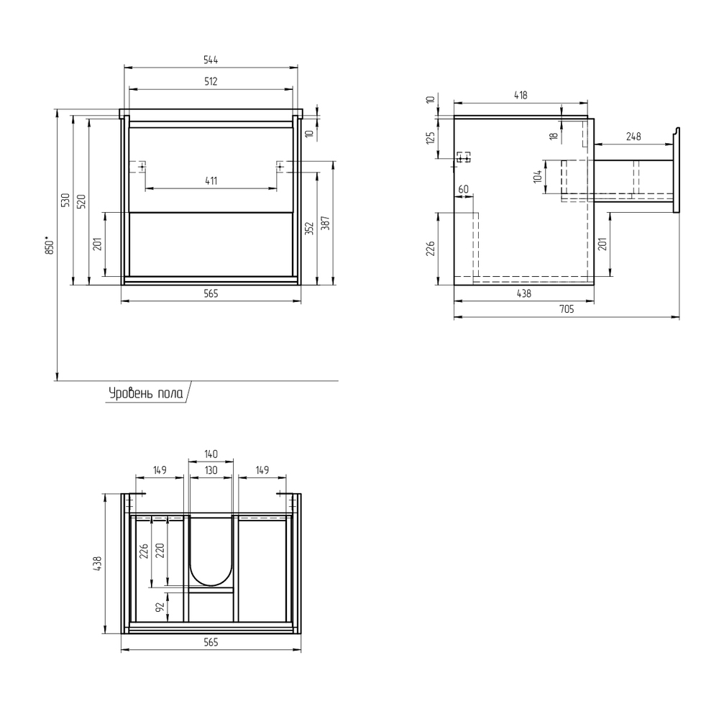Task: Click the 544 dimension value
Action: (x=211, y=60)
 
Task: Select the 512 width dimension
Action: (x=211, y=81)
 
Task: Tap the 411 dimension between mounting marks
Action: (x=211, y=180)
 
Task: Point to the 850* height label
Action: (x=50, y=245)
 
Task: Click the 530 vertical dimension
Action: (x=65, y=200)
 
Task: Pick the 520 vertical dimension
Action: (x=81, y=201)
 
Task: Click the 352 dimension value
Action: (x=309, y=229)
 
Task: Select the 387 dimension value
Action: (x=325, y=223)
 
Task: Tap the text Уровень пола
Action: (x=146, y=393)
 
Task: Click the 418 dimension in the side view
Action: (x=521, y=95)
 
